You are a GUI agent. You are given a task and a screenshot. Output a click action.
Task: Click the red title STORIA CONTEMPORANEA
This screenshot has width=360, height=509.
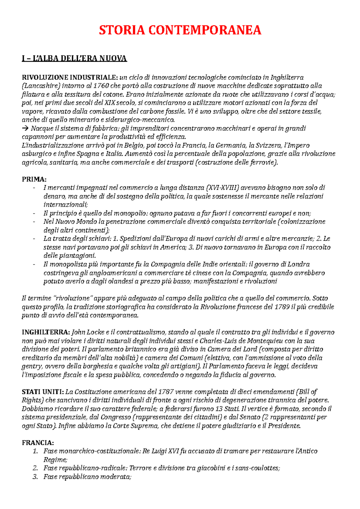pyautogui.click(x=180, y=30)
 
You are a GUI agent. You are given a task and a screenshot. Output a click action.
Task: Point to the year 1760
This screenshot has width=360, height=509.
pyautogui.click(x=101, y=86)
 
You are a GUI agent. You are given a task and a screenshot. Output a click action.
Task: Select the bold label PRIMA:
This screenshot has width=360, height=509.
pyautogui.click(x=34, y=179)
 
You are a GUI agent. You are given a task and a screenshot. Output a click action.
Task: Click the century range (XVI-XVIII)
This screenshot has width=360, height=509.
pyautogui.click(x=223, y=188)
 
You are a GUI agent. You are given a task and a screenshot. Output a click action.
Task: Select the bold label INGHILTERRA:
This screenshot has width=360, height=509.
pyautogui.click(x=46, y=332)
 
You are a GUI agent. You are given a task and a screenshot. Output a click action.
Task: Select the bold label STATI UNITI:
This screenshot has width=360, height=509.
pyautogui.click(x=43, y=392)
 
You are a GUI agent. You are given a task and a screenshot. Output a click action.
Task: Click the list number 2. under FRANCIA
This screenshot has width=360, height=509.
pyautogui.click(x=36, y=468)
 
